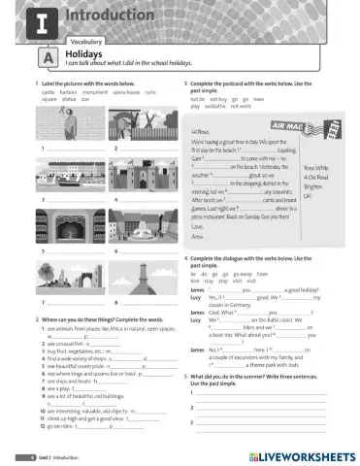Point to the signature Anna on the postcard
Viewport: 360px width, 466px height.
point(199,235)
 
